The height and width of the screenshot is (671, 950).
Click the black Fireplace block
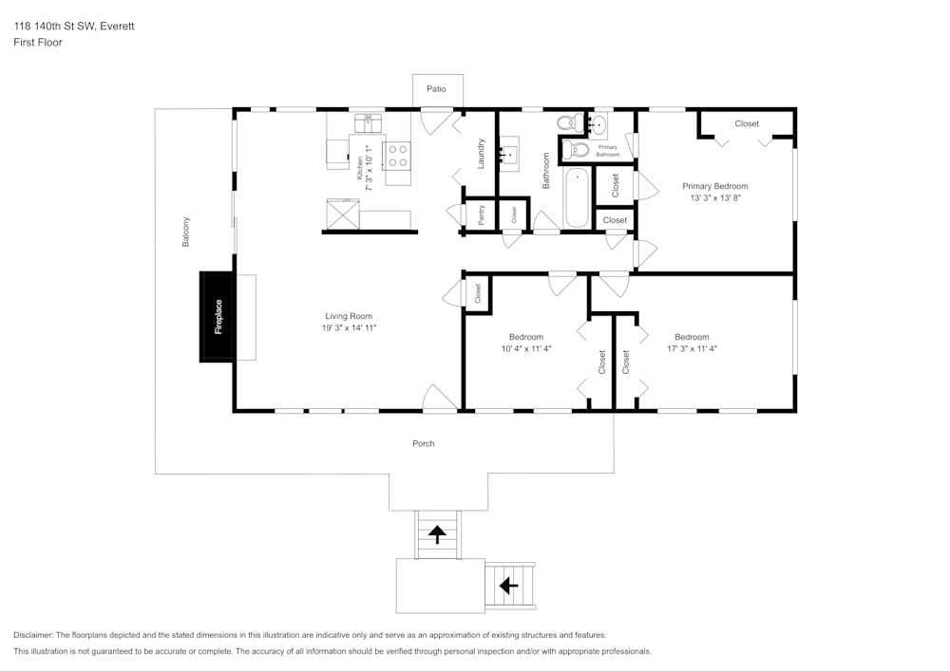pyautogui.click(x=218, y=316)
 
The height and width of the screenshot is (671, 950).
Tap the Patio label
pyautogui.click(x=436, y=88)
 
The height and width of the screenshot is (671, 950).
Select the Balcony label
pyautogui.click(x=186, y=233)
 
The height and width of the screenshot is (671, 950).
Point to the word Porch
pyautogui.click(x=424, y=443)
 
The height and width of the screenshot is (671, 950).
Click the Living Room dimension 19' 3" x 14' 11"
pyautogui.click(x=349, y=328)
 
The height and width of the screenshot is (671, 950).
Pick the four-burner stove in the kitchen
pyautogui.click(x=397, y=154)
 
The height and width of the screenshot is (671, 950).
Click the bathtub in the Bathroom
pyautogui.click(x=577, y=198)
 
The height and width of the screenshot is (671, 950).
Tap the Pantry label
pyautogui.click(x=482, y=215)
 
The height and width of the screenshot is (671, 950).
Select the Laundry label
pyautogui.click(x=482, y=154)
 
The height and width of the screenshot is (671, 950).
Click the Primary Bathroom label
pyautogui.click(x=608, y=151)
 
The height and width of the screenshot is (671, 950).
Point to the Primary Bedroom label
pyautogui.click(x=715, y=186)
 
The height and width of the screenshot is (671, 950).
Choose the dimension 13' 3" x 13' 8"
pyautogui.click(x=715, y=198)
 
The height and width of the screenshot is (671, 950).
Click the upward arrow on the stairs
pyautogui.click(x=437, y=534)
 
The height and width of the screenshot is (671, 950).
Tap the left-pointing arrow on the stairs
pyautogui.click(x=508, y=586)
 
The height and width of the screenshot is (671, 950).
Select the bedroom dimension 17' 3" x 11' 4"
pyautogui.click(x=692, y=348)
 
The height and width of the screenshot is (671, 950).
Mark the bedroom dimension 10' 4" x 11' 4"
pyautogui.click(x=526, y=348)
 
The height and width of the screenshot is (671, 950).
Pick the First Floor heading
pyautogui.click(x=38, y=43)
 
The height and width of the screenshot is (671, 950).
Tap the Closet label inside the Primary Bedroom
pyautogui.click(x=747, y=123)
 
